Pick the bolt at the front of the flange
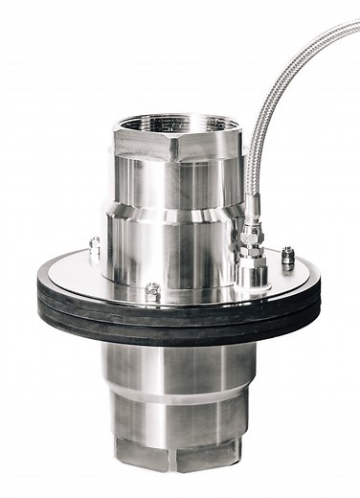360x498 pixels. (x=152, y=289)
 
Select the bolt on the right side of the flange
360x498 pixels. (x=288, y=256)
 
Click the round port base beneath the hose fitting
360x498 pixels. (x=252, y=277)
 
